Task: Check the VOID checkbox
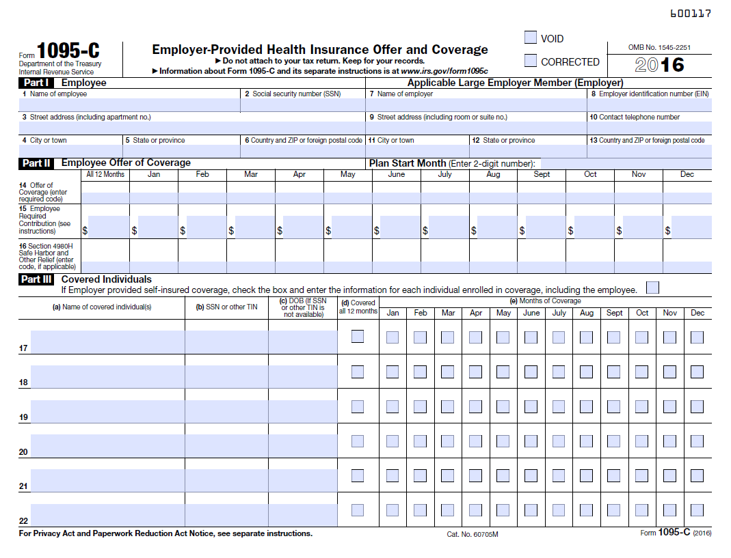(x=531, y=38)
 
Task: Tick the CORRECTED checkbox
(x=531, y=61)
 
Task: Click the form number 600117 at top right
(x=690, y=13)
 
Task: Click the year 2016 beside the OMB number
(x=659, y=65)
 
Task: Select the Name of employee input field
(x=130, y=105)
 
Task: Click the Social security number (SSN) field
(x=303, y=105)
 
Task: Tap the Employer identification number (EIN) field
(x=650, y=105)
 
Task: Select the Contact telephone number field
(x=650, y=128)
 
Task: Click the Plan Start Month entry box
(x=625, y=163)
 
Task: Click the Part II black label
(x=37, y=163)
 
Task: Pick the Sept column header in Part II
(x=542, y=175)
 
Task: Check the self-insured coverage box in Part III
(x=652, y=288)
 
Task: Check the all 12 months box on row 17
(x=358, y=337)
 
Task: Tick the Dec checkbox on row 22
(x=697, y=510)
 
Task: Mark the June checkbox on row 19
(x=531, y=406)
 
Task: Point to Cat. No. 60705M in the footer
(x=473, y=534)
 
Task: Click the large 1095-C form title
(x=68, y=51)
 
